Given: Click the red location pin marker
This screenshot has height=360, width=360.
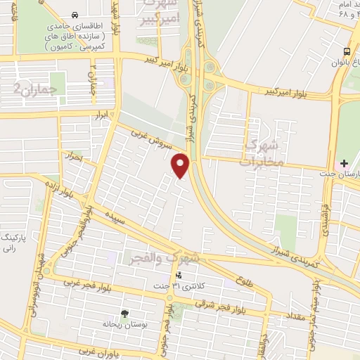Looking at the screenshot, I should coord(181,165).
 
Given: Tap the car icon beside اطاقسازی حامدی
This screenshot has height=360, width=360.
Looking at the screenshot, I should coord(75,14).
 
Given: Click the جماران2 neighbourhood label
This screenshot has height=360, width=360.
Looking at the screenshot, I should coord(34,88).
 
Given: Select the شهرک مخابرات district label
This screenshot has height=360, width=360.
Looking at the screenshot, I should coord(262,151).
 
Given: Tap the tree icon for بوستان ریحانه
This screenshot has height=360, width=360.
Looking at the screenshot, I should coord(125,314).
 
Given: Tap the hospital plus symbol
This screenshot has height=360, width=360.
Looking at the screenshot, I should coord(344,163).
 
